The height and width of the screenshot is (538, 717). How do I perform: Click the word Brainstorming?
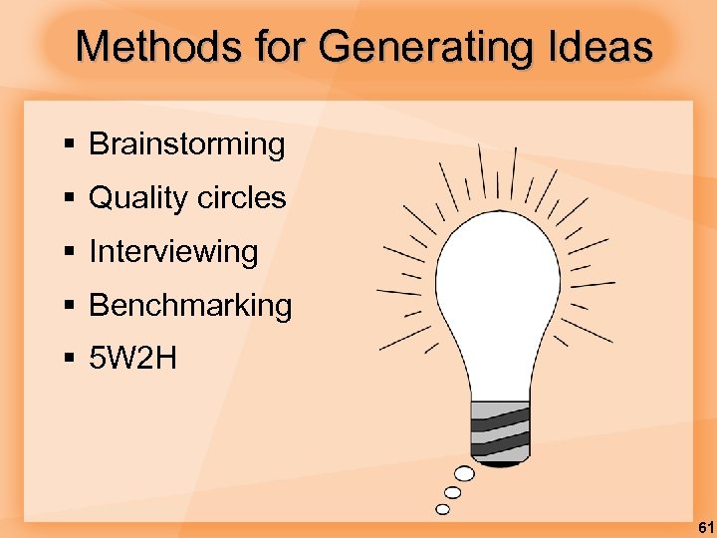click(187, 144)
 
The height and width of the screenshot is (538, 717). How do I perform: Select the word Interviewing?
click(173, 252)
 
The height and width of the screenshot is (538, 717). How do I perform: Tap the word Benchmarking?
click(190, 306)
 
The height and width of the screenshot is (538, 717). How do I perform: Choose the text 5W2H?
click(132, 359)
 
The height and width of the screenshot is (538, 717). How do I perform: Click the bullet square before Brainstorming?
click(69, 145)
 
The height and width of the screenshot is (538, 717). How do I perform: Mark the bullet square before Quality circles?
click(69, 199)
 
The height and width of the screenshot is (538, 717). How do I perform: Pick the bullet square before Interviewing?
click(69, 253)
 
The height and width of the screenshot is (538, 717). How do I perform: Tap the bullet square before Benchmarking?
click(69, 307)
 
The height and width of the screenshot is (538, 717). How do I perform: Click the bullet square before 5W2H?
click(69, 360)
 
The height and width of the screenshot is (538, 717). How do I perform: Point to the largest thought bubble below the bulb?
click(464, 474)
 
